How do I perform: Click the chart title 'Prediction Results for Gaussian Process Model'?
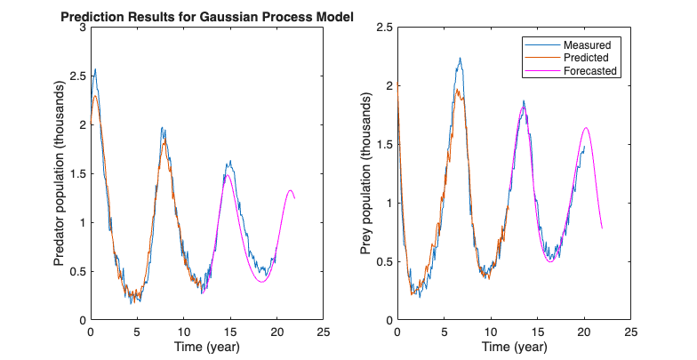pyautogui.click(x=206, y=17)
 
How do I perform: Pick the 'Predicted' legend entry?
pyautogui.click(x=590, y=58)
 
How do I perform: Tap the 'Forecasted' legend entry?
pyautogui.click(x=590, y=71)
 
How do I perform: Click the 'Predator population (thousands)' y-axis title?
pyautogui.click(x=60, y=174)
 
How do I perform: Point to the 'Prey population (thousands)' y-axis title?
pyautogui.click(x=365, y=174)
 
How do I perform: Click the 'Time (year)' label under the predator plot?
pyautogui.click(x=206, y=345)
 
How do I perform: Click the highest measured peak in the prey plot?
pyautogui.click(x=460, y=59)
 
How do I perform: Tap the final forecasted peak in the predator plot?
pyautogui.click(x=291, y=190)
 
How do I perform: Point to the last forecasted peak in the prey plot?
pyautogui.click(x=586, y=127)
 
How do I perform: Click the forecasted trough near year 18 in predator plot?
pyautogui.click(x=262, y=282)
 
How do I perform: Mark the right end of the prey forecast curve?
pyautogui.click(x=602, y=228)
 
